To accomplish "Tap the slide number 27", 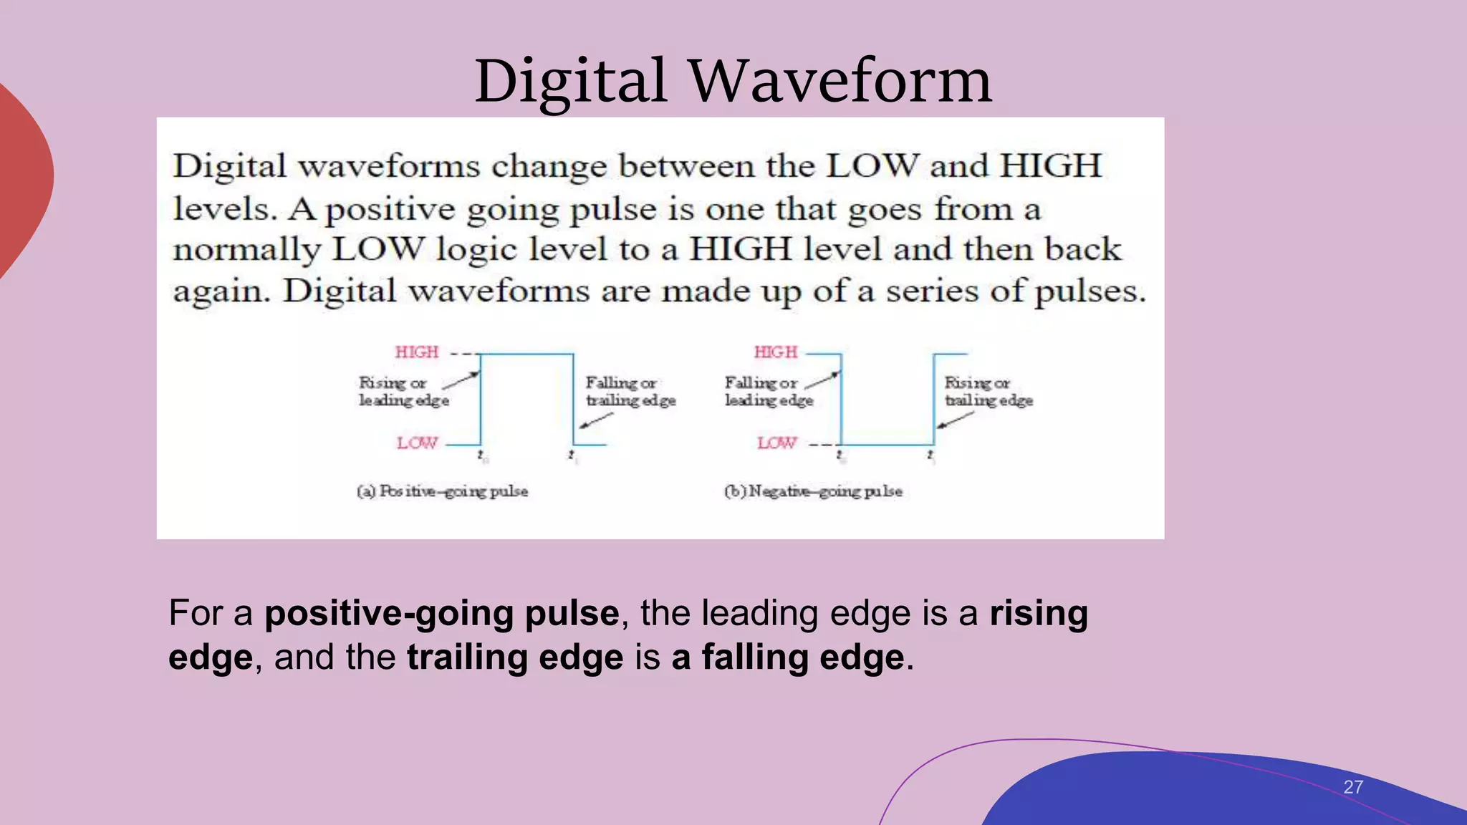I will [1352, 787].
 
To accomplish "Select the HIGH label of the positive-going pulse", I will [417, 352].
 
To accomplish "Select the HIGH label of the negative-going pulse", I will [776, 352].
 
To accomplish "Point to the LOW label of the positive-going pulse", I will [417, 443].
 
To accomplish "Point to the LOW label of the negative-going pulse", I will [776, 443].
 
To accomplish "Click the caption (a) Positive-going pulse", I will [443, 491].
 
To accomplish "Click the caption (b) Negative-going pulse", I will [813, 491].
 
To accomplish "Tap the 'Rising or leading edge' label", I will [403, 392].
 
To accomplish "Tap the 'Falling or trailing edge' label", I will [630, 392].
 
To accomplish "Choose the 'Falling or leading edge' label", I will [769, 392].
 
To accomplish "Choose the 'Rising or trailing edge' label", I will [989, 392].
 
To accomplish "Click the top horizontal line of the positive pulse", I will [526, 354].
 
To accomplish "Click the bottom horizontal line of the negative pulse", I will [887, 445].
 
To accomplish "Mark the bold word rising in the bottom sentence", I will [1039, 613].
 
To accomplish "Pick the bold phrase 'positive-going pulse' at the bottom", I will [441, 613].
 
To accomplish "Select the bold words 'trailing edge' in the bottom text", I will [515, 657].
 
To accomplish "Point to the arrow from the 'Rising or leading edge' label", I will [461, 380].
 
